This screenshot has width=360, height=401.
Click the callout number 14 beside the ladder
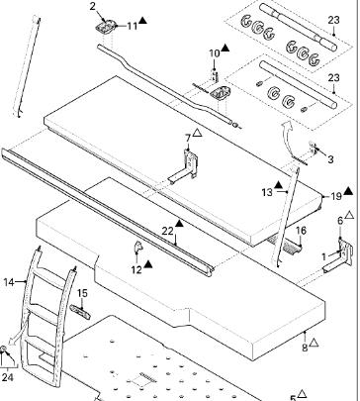tap(9, 282)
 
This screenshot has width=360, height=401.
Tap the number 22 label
tap(167, 231)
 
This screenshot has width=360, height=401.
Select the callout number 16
tap(302, 231)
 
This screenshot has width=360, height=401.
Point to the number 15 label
tap(82, 293)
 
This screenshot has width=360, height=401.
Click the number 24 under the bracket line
tap(7, 377)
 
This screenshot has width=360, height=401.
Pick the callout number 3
tap(330, 159)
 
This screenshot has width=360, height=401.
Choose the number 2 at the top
tap(93, 6)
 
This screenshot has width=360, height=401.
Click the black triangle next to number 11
tap(142, 20)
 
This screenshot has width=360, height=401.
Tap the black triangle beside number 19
tap(348, 191)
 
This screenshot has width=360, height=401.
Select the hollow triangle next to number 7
tap(197, 133)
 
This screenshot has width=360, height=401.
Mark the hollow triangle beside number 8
tap(314, 343)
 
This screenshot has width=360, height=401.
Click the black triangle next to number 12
tap(148, 263)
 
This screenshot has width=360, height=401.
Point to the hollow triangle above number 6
tap(349, 215)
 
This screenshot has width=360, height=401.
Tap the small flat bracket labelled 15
tap(80, 312)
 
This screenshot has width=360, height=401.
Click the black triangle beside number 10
tap(225, 48)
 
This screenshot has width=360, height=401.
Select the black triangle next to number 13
tap(278, 184)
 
